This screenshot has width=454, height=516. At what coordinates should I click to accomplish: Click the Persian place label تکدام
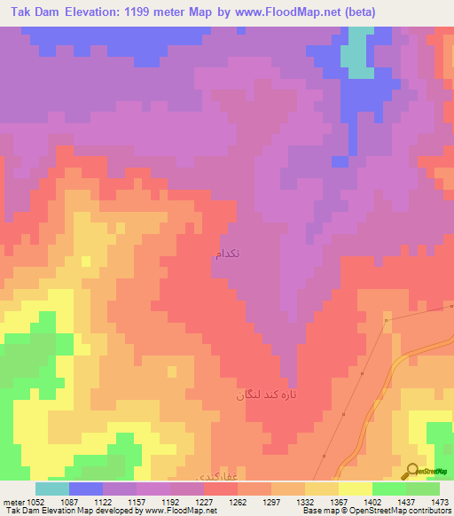(227, 254)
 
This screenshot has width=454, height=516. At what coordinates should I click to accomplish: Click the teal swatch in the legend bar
(52, 489)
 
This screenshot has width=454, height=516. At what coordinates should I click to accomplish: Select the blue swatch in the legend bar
(86, 489)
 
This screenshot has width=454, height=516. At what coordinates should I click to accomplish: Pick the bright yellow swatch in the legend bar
(356, 489)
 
